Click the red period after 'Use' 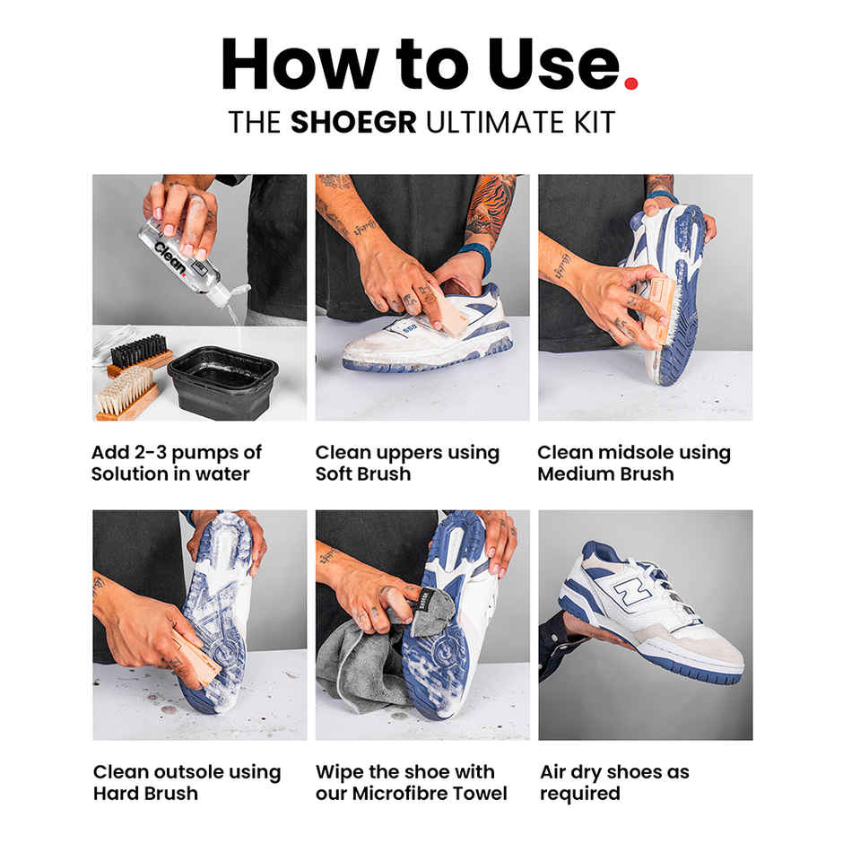(x=630, y=83)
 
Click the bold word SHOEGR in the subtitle (x=353, y=122)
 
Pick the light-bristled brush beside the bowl (x=127, y=393)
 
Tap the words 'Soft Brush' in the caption (x=362, y=474)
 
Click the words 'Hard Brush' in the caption (x=145, y=793)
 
